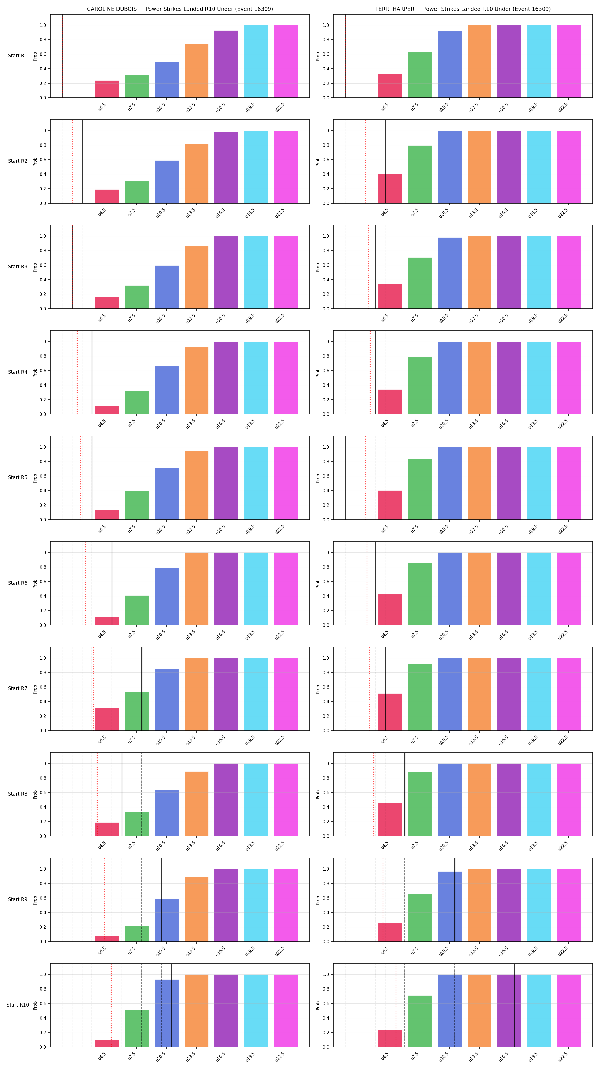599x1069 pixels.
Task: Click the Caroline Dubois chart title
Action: pos(180,9)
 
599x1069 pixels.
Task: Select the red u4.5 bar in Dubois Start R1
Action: pos(107,89)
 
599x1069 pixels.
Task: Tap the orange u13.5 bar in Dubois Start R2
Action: pos(196,174)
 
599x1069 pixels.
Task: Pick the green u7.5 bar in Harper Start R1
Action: pos(420,75)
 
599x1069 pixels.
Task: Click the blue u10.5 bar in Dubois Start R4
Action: pos(167,390)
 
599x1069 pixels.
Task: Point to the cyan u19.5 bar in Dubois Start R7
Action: pos(256,694)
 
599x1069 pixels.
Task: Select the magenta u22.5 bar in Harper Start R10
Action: pos(569,1011)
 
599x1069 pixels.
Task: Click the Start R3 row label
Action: pos(17,267)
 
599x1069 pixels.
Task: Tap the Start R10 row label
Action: pos(17,1005)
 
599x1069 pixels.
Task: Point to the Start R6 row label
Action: pos(17,583)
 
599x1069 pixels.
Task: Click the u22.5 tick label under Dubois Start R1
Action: pos(280,107)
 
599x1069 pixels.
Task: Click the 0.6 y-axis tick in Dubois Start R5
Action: pos(43,476)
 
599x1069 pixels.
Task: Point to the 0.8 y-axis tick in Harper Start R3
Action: pos(326,251)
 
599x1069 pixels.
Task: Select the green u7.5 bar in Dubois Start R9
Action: pos(137,933)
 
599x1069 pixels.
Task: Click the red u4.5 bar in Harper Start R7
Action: pos(390,712)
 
